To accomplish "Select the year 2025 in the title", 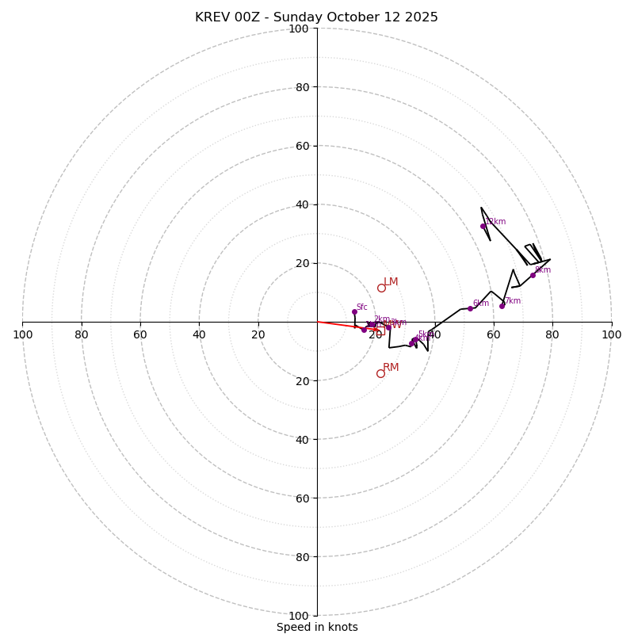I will click(x=421, y=17).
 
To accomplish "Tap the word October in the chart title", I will click(x=348, y=17).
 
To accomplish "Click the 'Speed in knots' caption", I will click(x=317, y=627).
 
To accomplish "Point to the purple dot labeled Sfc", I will click(x=354, y=311).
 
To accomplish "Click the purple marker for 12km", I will click(x=483, y=226).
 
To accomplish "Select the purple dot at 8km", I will click(x=533, y=275).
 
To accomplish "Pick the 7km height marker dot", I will click(x=502, y=306).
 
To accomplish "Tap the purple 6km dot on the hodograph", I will click(x=470, y=308).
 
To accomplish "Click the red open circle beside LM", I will click(x=381, y=288).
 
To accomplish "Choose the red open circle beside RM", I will click(x=380, y=373).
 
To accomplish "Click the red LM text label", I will click(x=391, y=282).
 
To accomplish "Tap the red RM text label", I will click(x=391, y=368).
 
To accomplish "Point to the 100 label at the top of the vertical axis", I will click(x=299, y=29).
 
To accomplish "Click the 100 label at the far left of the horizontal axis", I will click(x=22, y=334).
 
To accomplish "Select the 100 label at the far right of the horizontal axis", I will click(x=611, y=334).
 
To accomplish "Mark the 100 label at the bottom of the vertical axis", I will click(x=299, y=616).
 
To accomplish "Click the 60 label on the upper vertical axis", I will click(x=302, y=146).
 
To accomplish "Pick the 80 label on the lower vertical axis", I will click(x=302, y=557).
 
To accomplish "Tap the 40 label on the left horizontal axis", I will click(x=199, y=334).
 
